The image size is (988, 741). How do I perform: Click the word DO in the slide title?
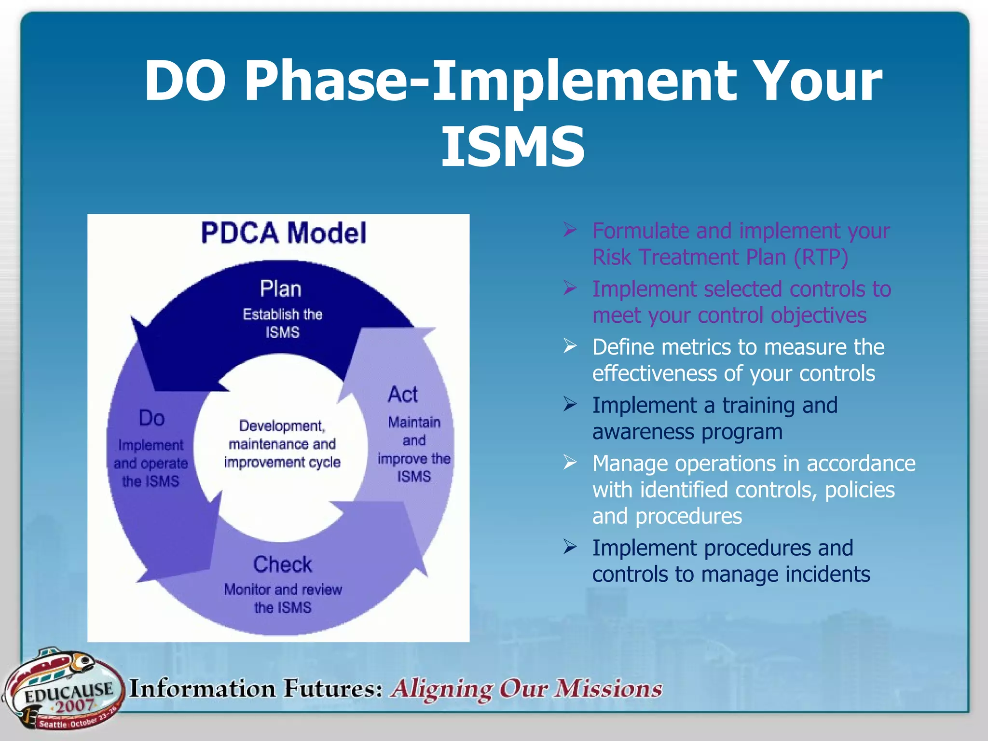(x=185, y=81)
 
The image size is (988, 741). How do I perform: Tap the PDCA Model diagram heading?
(x=283, y=233)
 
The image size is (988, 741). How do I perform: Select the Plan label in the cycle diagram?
(x=280, y=289)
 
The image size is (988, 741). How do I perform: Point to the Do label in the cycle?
(x=151, y=418)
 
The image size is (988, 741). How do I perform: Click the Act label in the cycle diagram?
(x=403, y=395)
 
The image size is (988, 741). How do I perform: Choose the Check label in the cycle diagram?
(x=283, y=564)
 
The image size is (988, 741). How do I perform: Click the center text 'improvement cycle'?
(x=282, y=462)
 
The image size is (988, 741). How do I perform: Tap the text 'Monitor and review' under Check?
(x=283, y=590)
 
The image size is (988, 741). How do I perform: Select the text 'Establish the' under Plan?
(x=282, y=315)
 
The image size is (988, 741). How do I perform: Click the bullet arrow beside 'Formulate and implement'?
(x=570, y=230)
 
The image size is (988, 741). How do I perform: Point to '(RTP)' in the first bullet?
(x=821, y=257)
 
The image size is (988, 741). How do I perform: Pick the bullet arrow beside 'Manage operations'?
(x=570, y=463)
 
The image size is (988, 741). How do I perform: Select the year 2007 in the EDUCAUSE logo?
(x=73, y=706)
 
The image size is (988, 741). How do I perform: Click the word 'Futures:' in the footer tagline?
(x=333, y=688)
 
